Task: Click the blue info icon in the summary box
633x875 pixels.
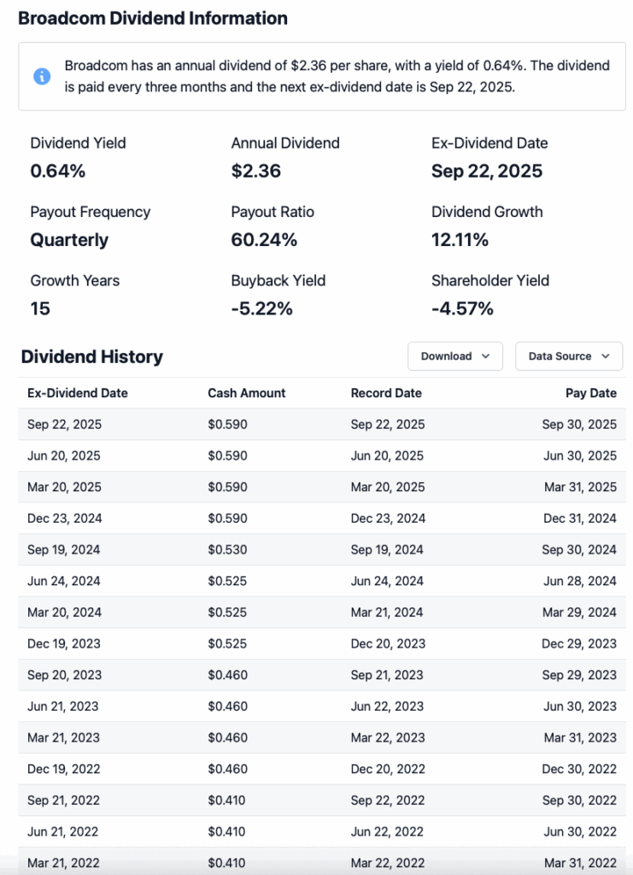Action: [42, 77]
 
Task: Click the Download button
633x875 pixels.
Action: [454, 356]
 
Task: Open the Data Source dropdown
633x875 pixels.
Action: [569, 356]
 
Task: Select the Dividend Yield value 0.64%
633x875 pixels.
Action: [58, 171]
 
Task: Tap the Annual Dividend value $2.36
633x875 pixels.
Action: [256, 171]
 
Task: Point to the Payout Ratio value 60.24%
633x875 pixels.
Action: [264, 240]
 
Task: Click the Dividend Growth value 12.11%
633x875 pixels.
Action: [460, 240]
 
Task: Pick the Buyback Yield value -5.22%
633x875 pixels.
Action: [261, 308]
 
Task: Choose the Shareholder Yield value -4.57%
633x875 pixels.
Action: [462, 308]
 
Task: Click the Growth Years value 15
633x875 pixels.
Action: [40, 308]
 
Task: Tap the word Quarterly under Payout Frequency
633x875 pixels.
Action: [69, 240]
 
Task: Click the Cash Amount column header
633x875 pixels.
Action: [247, 393]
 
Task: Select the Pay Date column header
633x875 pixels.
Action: [590, 393]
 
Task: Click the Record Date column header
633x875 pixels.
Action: [386, 393]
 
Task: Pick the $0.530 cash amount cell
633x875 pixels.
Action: [227, 549]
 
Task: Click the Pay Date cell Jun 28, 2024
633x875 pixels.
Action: [579, 581]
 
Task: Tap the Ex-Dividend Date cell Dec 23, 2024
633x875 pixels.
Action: [64, 518]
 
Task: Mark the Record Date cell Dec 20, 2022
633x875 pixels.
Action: [388, 769]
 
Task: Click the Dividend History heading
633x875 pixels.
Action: [91, 356]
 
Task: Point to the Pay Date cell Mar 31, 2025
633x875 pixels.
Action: [579, 487]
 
